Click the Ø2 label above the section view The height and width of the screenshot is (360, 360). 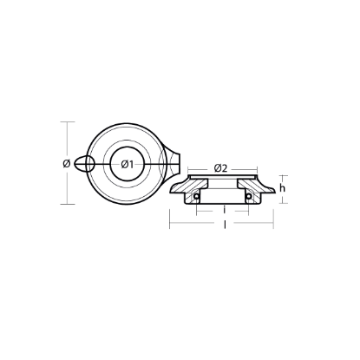220,167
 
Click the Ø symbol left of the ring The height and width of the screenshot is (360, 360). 67,163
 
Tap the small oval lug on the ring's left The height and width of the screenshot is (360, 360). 84,163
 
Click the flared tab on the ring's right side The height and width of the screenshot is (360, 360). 177,160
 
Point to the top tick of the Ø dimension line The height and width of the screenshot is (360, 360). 67,122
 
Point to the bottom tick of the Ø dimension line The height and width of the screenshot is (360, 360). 67,204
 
